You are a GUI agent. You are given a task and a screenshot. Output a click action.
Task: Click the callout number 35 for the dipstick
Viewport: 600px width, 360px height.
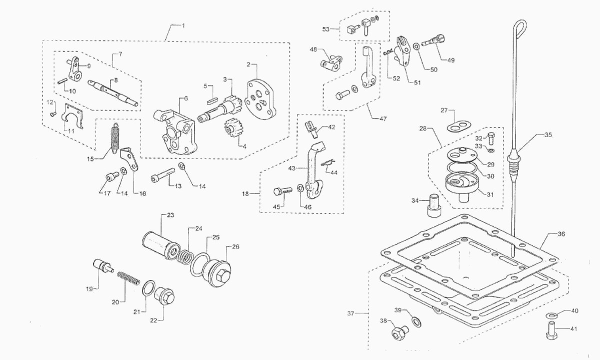pos(548,135)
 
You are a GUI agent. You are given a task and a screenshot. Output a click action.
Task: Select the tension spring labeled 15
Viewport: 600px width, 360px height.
pos(115,138)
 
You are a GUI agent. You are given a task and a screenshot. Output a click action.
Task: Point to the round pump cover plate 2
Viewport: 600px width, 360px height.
pos(259,99)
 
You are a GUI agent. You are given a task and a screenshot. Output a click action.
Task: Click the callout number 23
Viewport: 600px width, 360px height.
pos(170,215)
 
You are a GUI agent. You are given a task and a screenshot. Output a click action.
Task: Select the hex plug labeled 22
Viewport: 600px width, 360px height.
pos(164,296)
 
